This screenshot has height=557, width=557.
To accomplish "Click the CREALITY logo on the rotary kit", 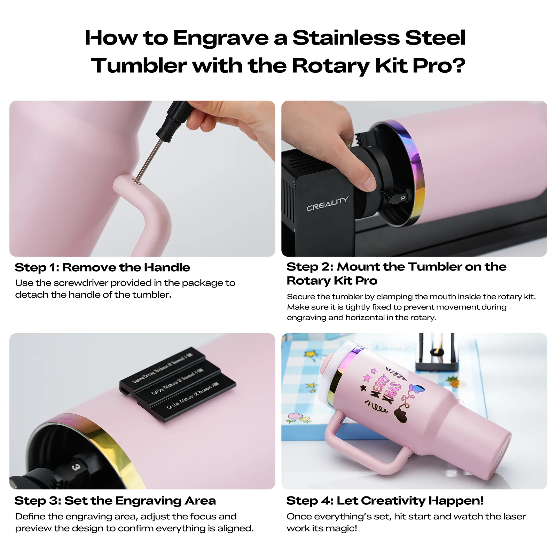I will (x=327, y=204).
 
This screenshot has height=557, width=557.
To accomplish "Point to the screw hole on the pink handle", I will (x=138, y=181).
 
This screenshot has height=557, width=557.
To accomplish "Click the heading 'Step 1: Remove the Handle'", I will (x=102, y=267).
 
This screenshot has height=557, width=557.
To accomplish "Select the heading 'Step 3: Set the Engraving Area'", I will (x=115, y=501).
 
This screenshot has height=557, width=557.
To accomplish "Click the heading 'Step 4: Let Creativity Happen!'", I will (x=385, y=501).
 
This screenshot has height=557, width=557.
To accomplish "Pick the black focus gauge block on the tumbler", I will (x=178, y=384).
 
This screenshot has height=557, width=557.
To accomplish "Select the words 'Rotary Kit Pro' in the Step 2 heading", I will (x=332, y=281).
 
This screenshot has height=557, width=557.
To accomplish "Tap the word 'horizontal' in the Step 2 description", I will (x=364, y=317).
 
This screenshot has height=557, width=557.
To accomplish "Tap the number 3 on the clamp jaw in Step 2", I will (x=402, y=198).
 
